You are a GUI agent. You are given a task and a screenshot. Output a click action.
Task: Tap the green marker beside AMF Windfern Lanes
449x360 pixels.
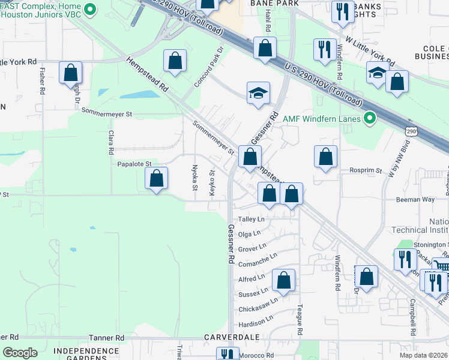(x=370, y=119)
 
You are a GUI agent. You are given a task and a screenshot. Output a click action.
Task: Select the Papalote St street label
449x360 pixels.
(x=134, y=163)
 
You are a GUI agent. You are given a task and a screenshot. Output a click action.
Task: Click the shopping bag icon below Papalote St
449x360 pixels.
(x=157, y=179)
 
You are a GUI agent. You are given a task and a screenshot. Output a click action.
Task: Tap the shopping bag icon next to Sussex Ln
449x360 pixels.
(x=284, y=280)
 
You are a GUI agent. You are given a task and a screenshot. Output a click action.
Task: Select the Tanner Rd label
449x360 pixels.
(x=106, y=338)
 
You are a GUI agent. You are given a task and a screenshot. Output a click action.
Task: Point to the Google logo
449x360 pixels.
(x=20, y=353)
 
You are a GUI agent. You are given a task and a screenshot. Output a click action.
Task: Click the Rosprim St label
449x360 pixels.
(x=366, y=170)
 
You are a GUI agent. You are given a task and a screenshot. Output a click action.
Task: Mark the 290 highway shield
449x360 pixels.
(x=411, y=131)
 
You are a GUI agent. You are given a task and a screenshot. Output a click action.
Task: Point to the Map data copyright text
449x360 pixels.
(x=423, y=355)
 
